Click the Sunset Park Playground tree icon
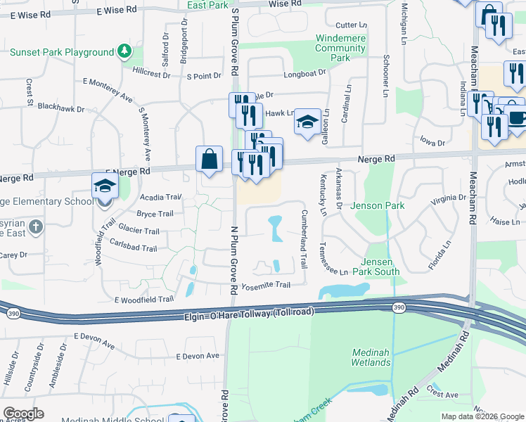pyautogui.click(x=124, y=51)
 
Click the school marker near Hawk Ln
pyautogui.click(x=307, y=121)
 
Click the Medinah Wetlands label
pyautogui.click(x=371, y=357)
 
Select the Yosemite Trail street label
pyautogui.click(x=266, y=285)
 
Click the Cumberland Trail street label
pyautogui.click(x=304, y=239)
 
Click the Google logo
pyautogui.click(x=23, y=414)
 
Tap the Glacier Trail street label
pyautogui.click(x=139, y=231)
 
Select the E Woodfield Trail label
pyautogui.click(x=138, y=299)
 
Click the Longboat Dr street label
pyautogui.click(x=305, y=73)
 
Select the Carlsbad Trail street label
pyautogui.click(x=133, y=247)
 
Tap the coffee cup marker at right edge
pyautogui.click(x=517, y=117)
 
